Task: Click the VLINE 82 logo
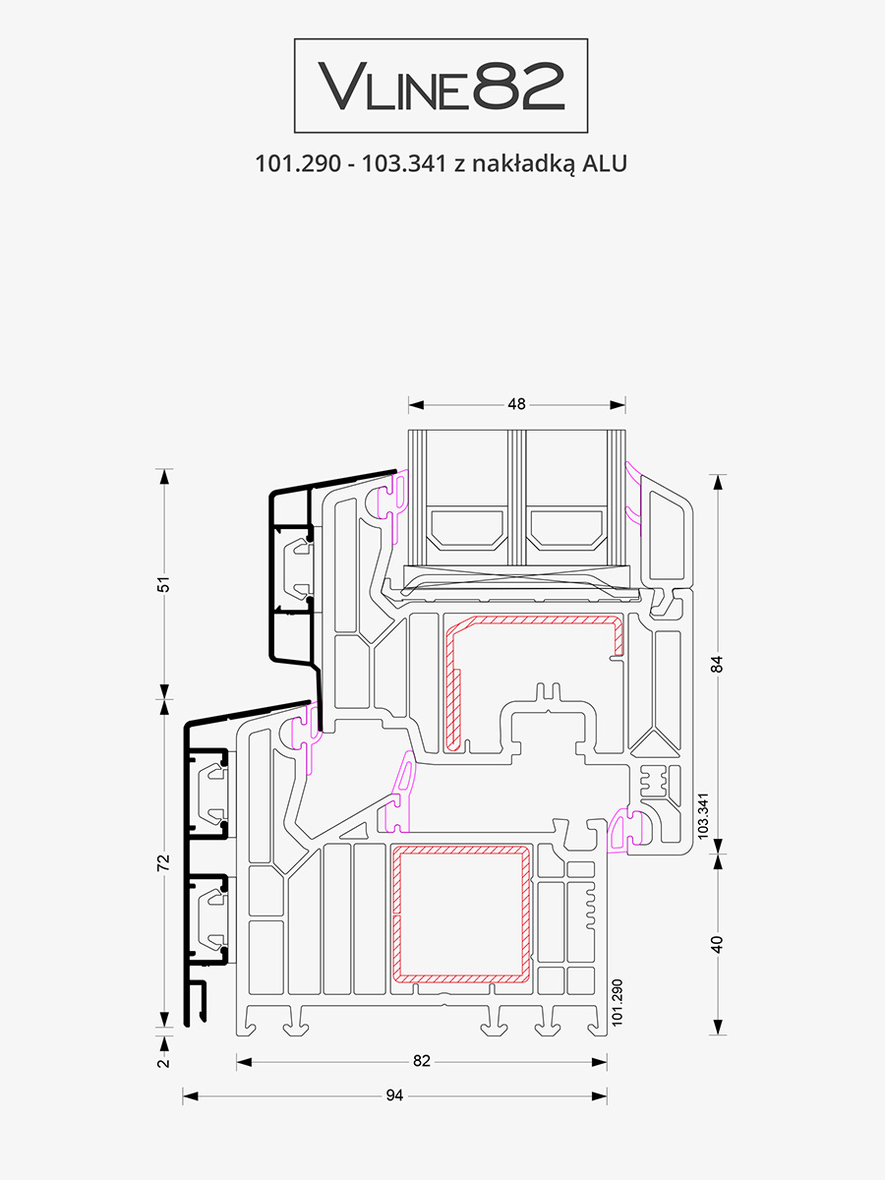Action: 441,86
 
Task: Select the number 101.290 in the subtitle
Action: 298,163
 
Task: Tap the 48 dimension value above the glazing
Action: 516,404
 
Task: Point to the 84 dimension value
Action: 718,665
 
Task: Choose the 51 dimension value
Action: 163,584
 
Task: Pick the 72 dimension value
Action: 163,862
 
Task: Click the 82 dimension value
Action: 422,1061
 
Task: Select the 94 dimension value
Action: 394,1095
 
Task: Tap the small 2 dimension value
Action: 164,1063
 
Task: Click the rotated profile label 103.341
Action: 703,816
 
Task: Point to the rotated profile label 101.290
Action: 618,1003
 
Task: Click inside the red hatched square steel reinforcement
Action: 461,914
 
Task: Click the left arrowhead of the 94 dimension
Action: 190,1096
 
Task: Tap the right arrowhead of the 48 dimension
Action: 618,405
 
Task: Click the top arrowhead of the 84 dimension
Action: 719,482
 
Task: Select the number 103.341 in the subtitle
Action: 404,163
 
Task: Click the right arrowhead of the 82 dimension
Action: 599,1062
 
